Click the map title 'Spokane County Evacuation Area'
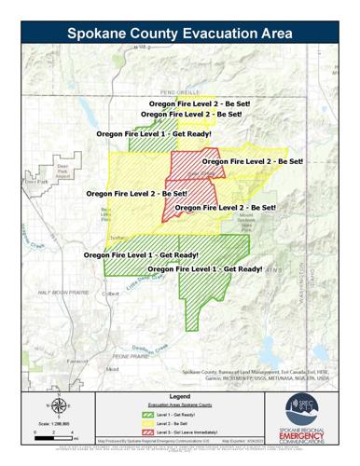tap(180, 33)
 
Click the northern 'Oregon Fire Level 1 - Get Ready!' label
tap(154, 134)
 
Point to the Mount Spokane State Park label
tap(249, 222)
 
